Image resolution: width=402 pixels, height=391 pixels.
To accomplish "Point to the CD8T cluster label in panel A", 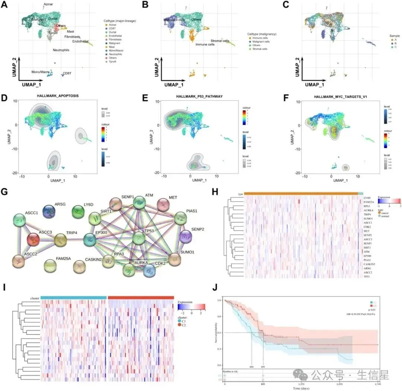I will click(67, 73).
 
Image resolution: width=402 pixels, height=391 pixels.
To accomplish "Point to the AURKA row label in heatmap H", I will click(368, 210).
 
